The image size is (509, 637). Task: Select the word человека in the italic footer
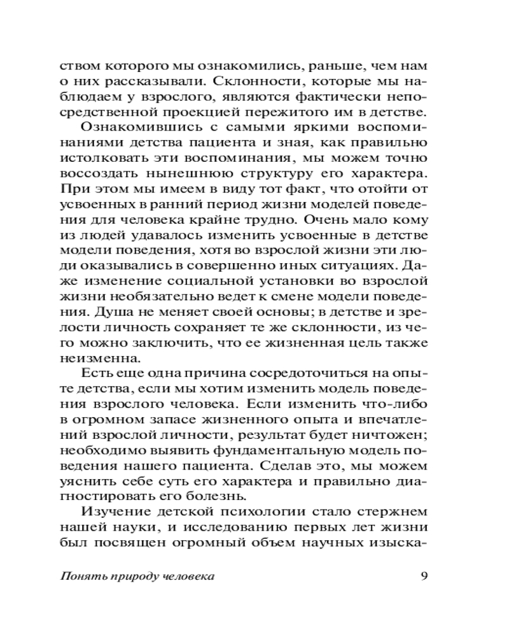pyautogui.click(x=189, y=576)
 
